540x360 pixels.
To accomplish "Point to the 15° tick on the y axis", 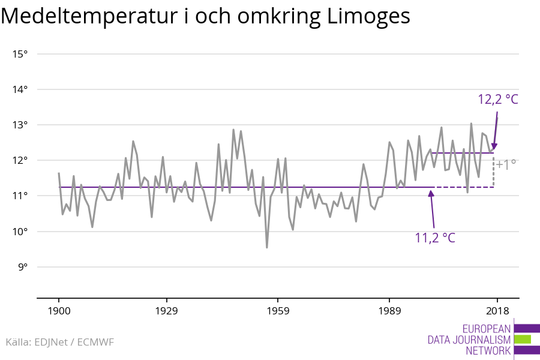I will pyautogui.click(x=20, y=54).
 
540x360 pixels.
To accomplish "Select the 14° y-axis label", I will pyautogui.click(x=20, y=89).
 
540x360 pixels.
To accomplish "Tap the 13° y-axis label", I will pyautogui.click(x=20, y=125).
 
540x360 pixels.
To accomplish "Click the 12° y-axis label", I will pyautogui.click(x=20, y=160).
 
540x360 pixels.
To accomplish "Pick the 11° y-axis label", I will pyautogui.click(x=20, y=196).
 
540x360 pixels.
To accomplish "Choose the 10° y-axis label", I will pyautogui.click(x=20, y=232).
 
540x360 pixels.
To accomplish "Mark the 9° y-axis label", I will pyautogui.click(x=22, y=267).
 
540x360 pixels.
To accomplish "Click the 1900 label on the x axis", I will pyautogui.click(x=59, y=311).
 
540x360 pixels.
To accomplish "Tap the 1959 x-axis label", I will pyautogui.click(x=277, y=311).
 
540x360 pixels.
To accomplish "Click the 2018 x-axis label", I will pyautogui.click(x=497, y=311).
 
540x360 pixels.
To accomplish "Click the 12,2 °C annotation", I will pyautogui.click(x=497, y=100).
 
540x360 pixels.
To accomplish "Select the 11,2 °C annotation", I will pyautogui.click(x=435, y=238).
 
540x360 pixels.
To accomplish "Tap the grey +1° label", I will pyautogui.click(x=506, y=164).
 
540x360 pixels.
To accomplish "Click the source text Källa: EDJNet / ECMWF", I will pyautogui.click(x=59, y=342).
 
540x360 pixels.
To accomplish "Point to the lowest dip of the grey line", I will pyautogui.click(x=266, y=247).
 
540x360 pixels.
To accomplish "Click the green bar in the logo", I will pyautogui.click(x=523, y=339).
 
